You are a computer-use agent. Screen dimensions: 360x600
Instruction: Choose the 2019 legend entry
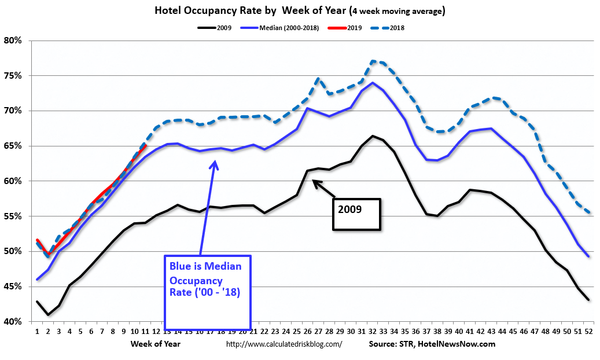coord(354,27)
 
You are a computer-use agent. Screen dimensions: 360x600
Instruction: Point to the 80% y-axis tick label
coord(13,41)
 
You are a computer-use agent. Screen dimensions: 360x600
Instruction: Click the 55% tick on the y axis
coord(13,216)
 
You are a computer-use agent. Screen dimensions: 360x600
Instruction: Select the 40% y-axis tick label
coord(13,321)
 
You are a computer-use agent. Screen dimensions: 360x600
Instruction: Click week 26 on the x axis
coord(307,332)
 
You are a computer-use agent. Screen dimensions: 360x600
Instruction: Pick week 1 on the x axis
coord(37,332)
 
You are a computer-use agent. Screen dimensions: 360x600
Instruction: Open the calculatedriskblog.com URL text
coord(284,344)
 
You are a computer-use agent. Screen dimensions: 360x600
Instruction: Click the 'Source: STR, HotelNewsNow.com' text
coord(432,344)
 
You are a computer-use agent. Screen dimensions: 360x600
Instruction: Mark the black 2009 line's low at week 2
coord(48,315)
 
